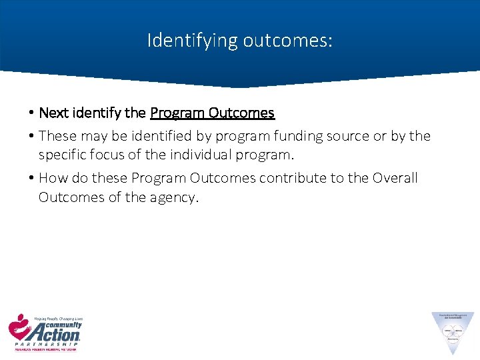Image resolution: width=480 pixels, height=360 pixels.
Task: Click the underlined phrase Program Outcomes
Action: tap(212, 113)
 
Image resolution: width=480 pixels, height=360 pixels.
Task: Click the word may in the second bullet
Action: tap(89, 136)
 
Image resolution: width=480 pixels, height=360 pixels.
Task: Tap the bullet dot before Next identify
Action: tap(31, 113)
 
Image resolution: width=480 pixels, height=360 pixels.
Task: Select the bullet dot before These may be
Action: tap(31, 136)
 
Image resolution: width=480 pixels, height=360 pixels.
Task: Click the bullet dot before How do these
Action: tap(31, 178)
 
